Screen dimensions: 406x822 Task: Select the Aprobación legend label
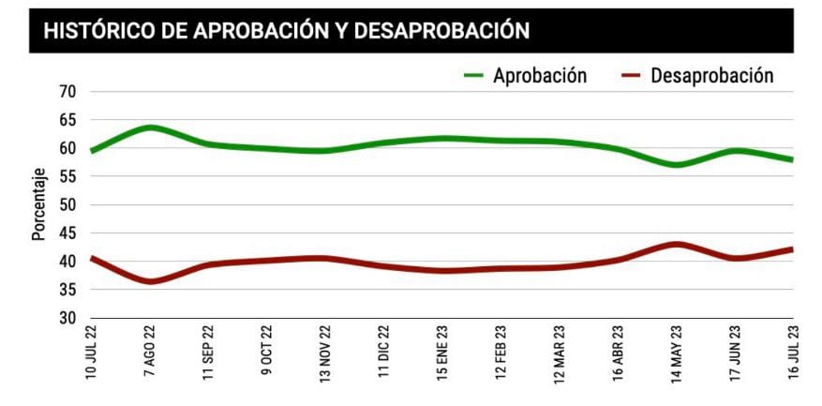[540, 76]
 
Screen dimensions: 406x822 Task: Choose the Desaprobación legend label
[711, 76]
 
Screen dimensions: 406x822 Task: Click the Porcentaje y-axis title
[39, 204]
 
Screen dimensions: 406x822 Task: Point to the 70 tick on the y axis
[67, 92]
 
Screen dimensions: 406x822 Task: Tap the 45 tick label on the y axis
[67, 233]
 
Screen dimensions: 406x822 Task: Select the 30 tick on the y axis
[67, 318]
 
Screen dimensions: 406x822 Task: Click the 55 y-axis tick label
[67, 176]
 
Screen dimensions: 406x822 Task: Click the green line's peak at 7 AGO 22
[150, 127]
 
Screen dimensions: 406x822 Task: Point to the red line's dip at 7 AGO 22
[150, 281]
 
